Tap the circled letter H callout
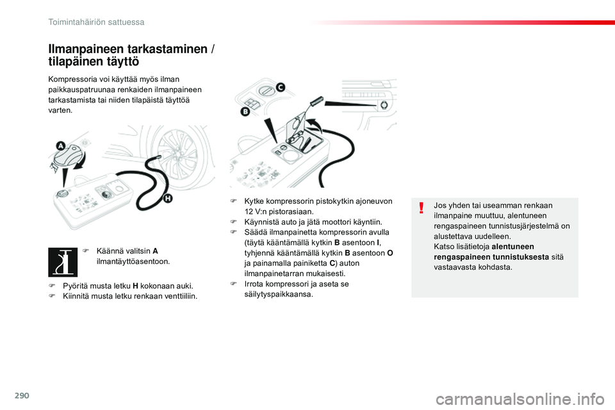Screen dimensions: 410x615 click(168, 199)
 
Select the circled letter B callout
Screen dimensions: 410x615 click(245, 111)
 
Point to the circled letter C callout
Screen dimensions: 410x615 click(280, 88)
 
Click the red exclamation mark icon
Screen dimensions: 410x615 click(422, 208)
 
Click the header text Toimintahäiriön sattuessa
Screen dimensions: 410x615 click(96, 22)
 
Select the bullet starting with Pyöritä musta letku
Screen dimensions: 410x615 click(127, 286)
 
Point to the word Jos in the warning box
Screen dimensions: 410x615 click(440, 205)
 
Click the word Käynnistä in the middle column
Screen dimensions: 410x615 click(263, 222)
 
